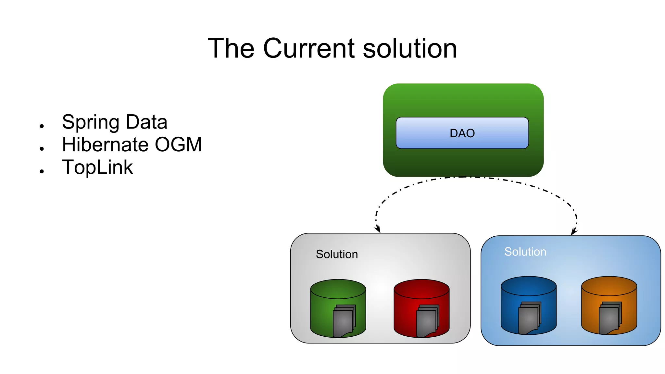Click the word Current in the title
point(309,48)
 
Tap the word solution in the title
point(410,48)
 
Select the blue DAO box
point(462,133)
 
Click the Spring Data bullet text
point(115,122)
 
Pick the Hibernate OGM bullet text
point(132,144)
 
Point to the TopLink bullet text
point(97,167)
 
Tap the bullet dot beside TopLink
point(42,171)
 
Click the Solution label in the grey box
point(337,254)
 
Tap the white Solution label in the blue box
point(525,252)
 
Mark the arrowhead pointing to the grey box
point(378,230)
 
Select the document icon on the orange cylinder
point(610,318)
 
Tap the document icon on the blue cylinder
point(529,318)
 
